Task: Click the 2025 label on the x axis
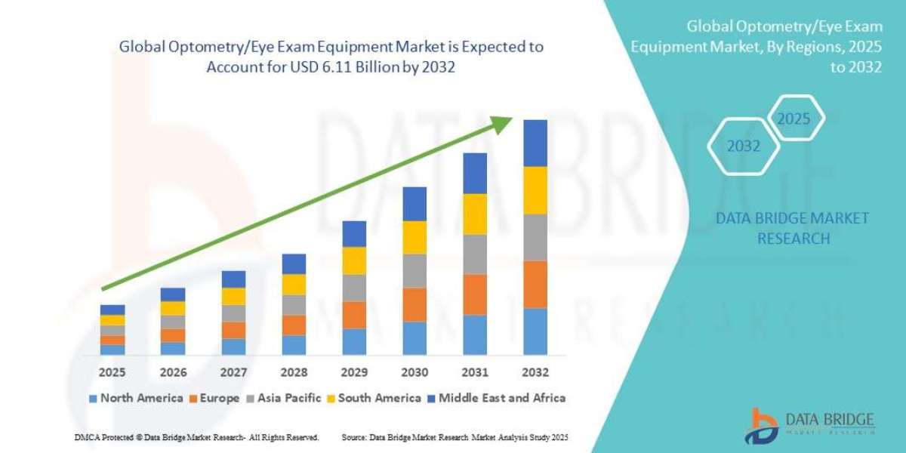click(112, 372)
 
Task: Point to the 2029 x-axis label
click(354, 372)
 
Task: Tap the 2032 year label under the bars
click(535, 372)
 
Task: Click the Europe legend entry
click(213, 398)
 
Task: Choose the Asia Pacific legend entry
click(284, 398)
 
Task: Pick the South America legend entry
click(374, 398)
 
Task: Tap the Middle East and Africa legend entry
click(495, 398)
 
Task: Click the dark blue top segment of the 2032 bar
click(535, 143)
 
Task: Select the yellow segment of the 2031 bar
click(475, 214)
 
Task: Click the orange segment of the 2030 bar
click(414, 304)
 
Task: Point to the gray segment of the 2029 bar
click(354, 288)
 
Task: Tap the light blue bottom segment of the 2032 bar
click(535, 331)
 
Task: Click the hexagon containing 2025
click(794, 119)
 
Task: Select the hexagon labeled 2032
click(744, 146)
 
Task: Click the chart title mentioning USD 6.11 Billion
click(331, 57)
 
